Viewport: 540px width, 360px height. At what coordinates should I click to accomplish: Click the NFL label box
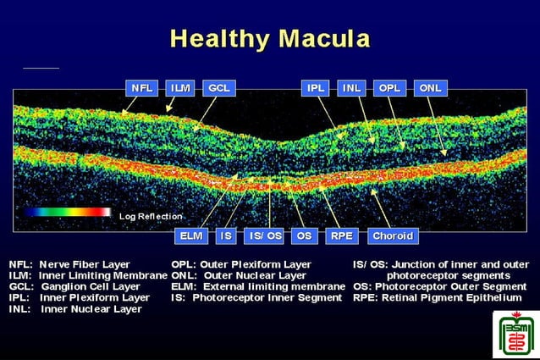click(140, 87)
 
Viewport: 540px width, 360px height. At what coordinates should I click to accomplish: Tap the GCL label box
click(218, 87)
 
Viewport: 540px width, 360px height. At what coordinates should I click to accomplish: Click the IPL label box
click(315, 87)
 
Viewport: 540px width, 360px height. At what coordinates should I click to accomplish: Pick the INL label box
click(351, 87)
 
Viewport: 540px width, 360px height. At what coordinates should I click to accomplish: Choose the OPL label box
click(389, 87)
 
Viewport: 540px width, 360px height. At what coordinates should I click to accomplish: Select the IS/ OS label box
click(263, 235)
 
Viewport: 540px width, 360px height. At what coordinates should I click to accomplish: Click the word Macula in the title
click(321, 38)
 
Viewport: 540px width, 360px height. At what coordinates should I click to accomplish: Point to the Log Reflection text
click(151, 217)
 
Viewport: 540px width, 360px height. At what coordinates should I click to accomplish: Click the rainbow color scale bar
click(67, 213)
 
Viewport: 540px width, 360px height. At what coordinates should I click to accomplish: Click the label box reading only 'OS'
click(303, 235)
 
